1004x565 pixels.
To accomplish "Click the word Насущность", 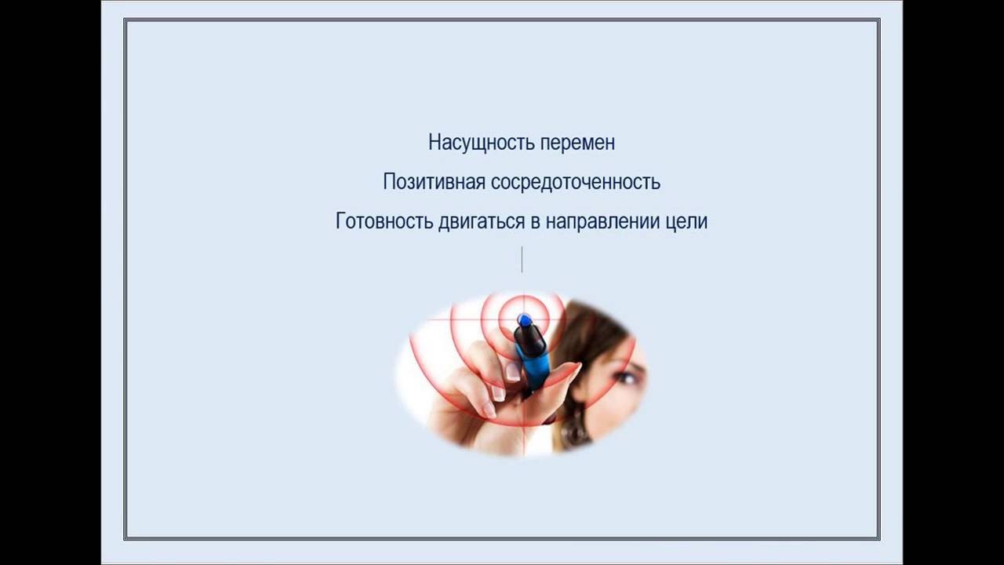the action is (x=482, y=142).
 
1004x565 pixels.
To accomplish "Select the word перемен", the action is (x=578, y=143).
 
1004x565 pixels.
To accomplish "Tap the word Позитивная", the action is (x=434, y=181).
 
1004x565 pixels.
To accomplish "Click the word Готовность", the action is (x=384, y=221).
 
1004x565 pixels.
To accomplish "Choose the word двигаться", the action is (x=482, y=222).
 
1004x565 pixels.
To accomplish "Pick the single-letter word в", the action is (x=536, y=224).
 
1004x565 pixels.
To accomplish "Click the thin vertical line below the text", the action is (x=522, y=259).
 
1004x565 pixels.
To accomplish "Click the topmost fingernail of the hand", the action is (x=512, y=372).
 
